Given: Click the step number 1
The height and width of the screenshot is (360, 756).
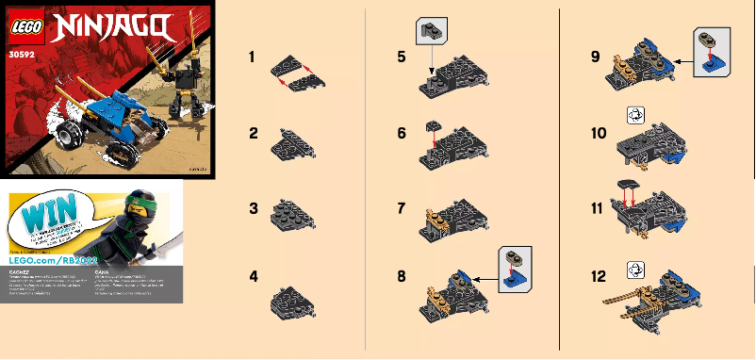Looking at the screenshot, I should (253, 58).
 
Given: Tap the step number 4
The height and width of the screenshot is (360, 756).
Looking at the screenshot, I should (253, 277).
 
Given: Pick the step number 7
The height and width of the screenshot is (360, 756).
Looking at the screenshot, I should (403, 205).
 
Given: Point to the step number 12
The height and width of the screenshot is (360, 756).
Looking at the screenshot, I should (598, 277).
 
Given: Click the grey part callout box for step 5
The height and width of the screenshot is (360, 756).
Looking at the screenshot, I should (432, 33).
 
